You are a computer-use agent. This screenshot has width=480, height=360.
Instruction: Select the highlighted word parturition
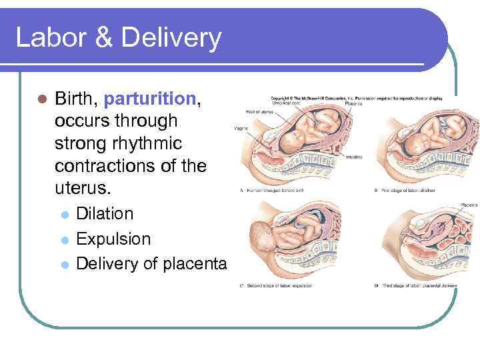tap(149, 99)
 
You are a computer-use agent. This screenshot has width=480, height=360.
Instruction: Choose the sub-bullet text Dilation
tap(105, 214)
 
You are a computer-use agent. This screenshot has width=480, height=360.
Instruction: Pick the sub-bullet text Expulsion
tap(113, 239)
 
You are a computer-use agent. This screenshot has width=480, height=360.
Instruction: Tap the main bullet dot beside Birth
tap(41, 100)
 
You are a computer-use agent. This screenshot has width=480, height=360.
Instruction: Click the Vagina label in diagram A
tap(241, 127)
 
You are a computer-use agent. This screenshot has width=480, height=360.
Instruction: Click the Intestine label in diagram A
tap(354, 157)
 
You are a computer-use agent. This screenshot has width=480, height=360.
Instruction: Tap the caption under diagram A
tap(283, 191)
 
